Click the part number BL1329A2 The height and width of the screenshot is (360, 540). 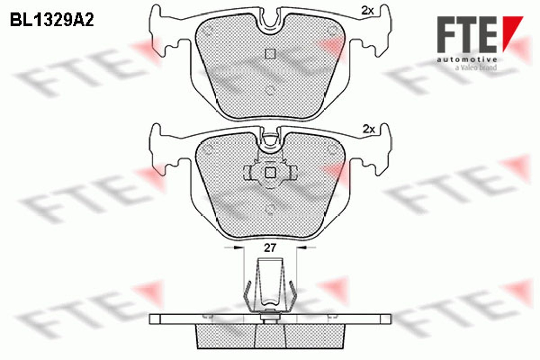coord(52,20)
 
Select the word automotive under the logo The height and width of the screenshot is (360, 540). coord(467,59)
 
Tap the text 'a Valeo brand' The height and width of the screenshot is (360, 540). coord(476,68)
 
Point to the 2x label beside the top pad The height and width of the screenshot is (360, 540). coord(368,10)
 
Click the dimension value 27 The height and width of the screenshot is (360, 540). coord(270,248)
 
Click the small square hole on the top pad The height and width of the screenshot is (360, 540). coord(270,54)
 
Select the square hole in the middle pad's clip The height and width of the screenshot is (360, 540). coord(270,173)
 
